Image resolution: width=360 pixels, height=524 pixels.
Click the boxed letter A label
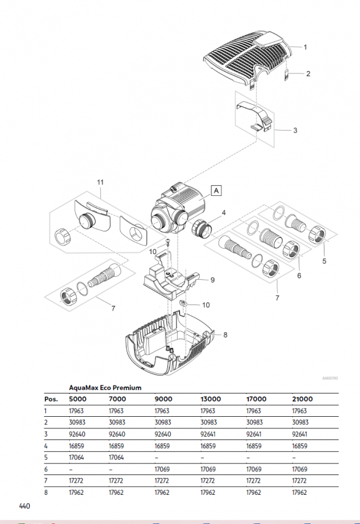tap(216, 191)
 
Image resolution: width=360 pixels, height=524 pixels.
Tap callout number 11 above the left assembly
tap(100, 182)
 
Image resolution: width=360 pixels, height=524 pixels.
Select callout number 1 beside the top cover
tap(305, 47)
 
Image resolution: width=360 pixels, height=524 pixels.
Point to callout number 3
tap(295, 131)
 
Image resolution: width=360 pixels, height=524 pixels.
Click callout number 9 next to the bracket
tap(213, 280)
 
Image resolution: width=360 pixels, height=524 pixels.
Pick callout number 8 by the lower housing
tap(225, 335)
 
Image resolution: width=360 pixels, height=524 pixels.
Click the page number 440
tap(24, 506)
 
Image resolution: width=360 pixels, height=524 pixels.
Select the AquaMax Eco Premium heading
tap(105, 388)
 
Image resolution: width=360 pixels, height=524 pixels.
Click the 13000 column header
tap(211, 399)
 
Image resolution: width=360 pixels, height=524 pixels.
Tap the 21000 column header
tap(302, 399)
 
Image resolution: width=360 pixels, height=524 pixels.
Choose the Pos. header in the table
tap(51, 399)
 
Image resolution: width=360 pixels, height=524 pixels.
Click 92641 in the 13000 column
tap(208, 434)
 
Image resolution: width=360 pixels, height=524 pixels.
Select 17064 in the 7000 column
tap(117, 457)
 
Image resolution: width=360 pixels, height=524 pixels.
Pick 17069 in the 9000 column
tap(162, 469)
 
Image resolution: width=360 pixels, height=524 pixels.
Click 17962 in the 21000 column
tap(299, 493)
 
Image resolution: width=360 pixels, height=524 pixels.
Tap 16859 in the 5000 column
tap(76, 446)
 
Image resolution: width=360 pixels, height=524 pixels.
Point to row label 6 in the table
tap(46, 469)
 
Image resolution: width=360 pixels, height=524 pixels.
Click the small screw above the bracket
tap(168, 241)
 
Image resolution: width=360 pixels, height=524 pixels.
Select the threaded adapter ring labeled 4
tap(202, 228)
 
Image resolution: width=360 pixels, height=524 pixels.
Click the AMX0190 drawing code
tap(330, 378)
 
